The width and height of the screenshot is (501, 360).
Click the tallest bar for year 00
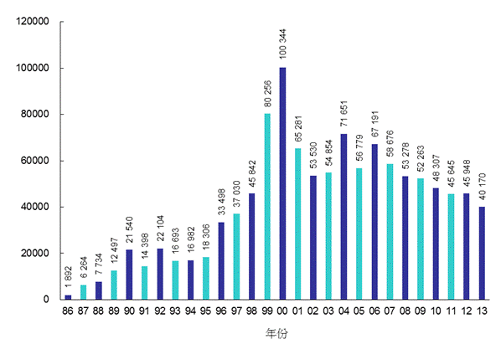[282, 183]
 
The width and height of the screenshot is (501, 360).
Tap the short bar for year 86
[68, 296]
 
